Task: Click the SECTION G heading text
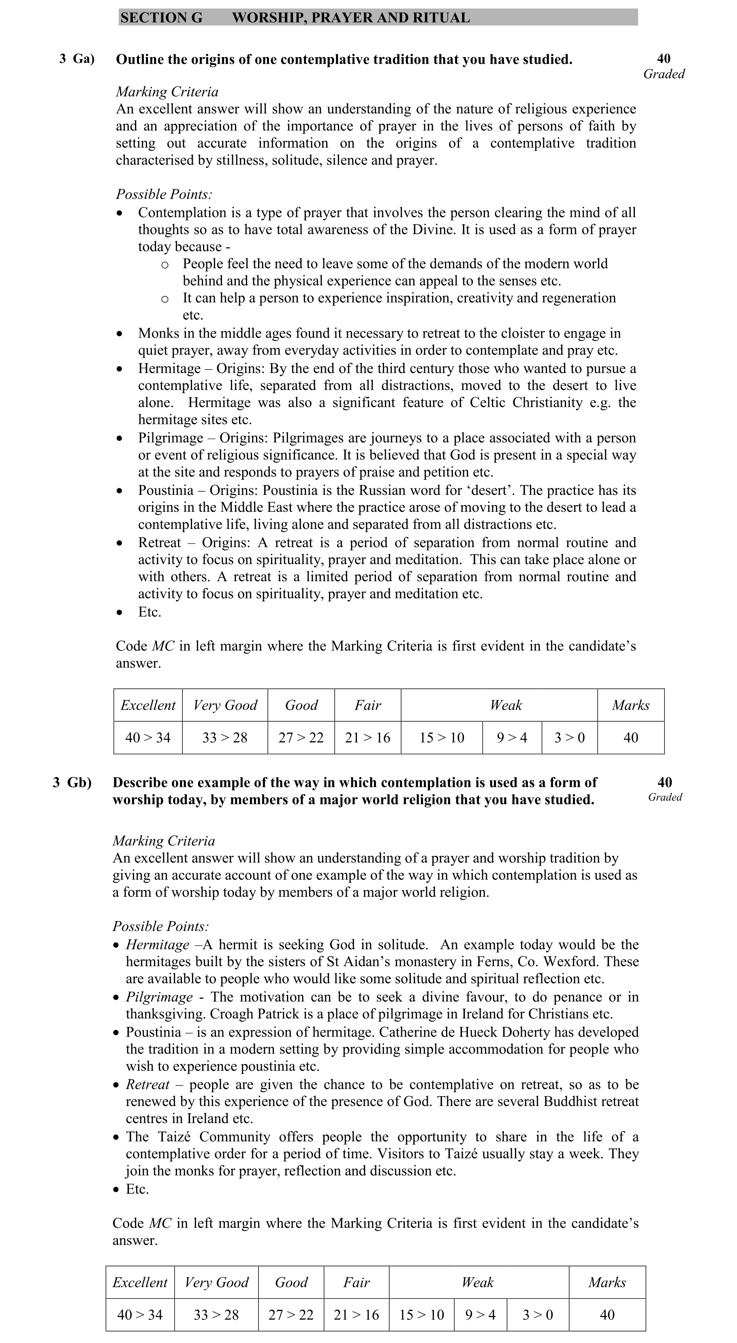161,18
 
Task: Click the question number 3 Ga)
77,58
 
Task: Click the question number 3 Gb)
72,783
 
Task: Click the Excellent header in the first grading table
147,706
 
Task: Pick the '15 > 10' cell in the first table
442,738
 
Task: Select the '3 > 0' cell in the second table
537,1315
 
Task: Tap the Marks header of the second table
607,1283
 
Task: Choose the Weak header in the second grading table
477,1283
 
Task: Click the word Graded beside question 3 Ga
664,74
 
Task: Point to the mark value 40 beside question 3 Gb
664,782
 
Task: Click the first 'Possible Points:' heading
164,195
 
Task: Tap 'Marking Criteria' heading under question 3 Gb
164,841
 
